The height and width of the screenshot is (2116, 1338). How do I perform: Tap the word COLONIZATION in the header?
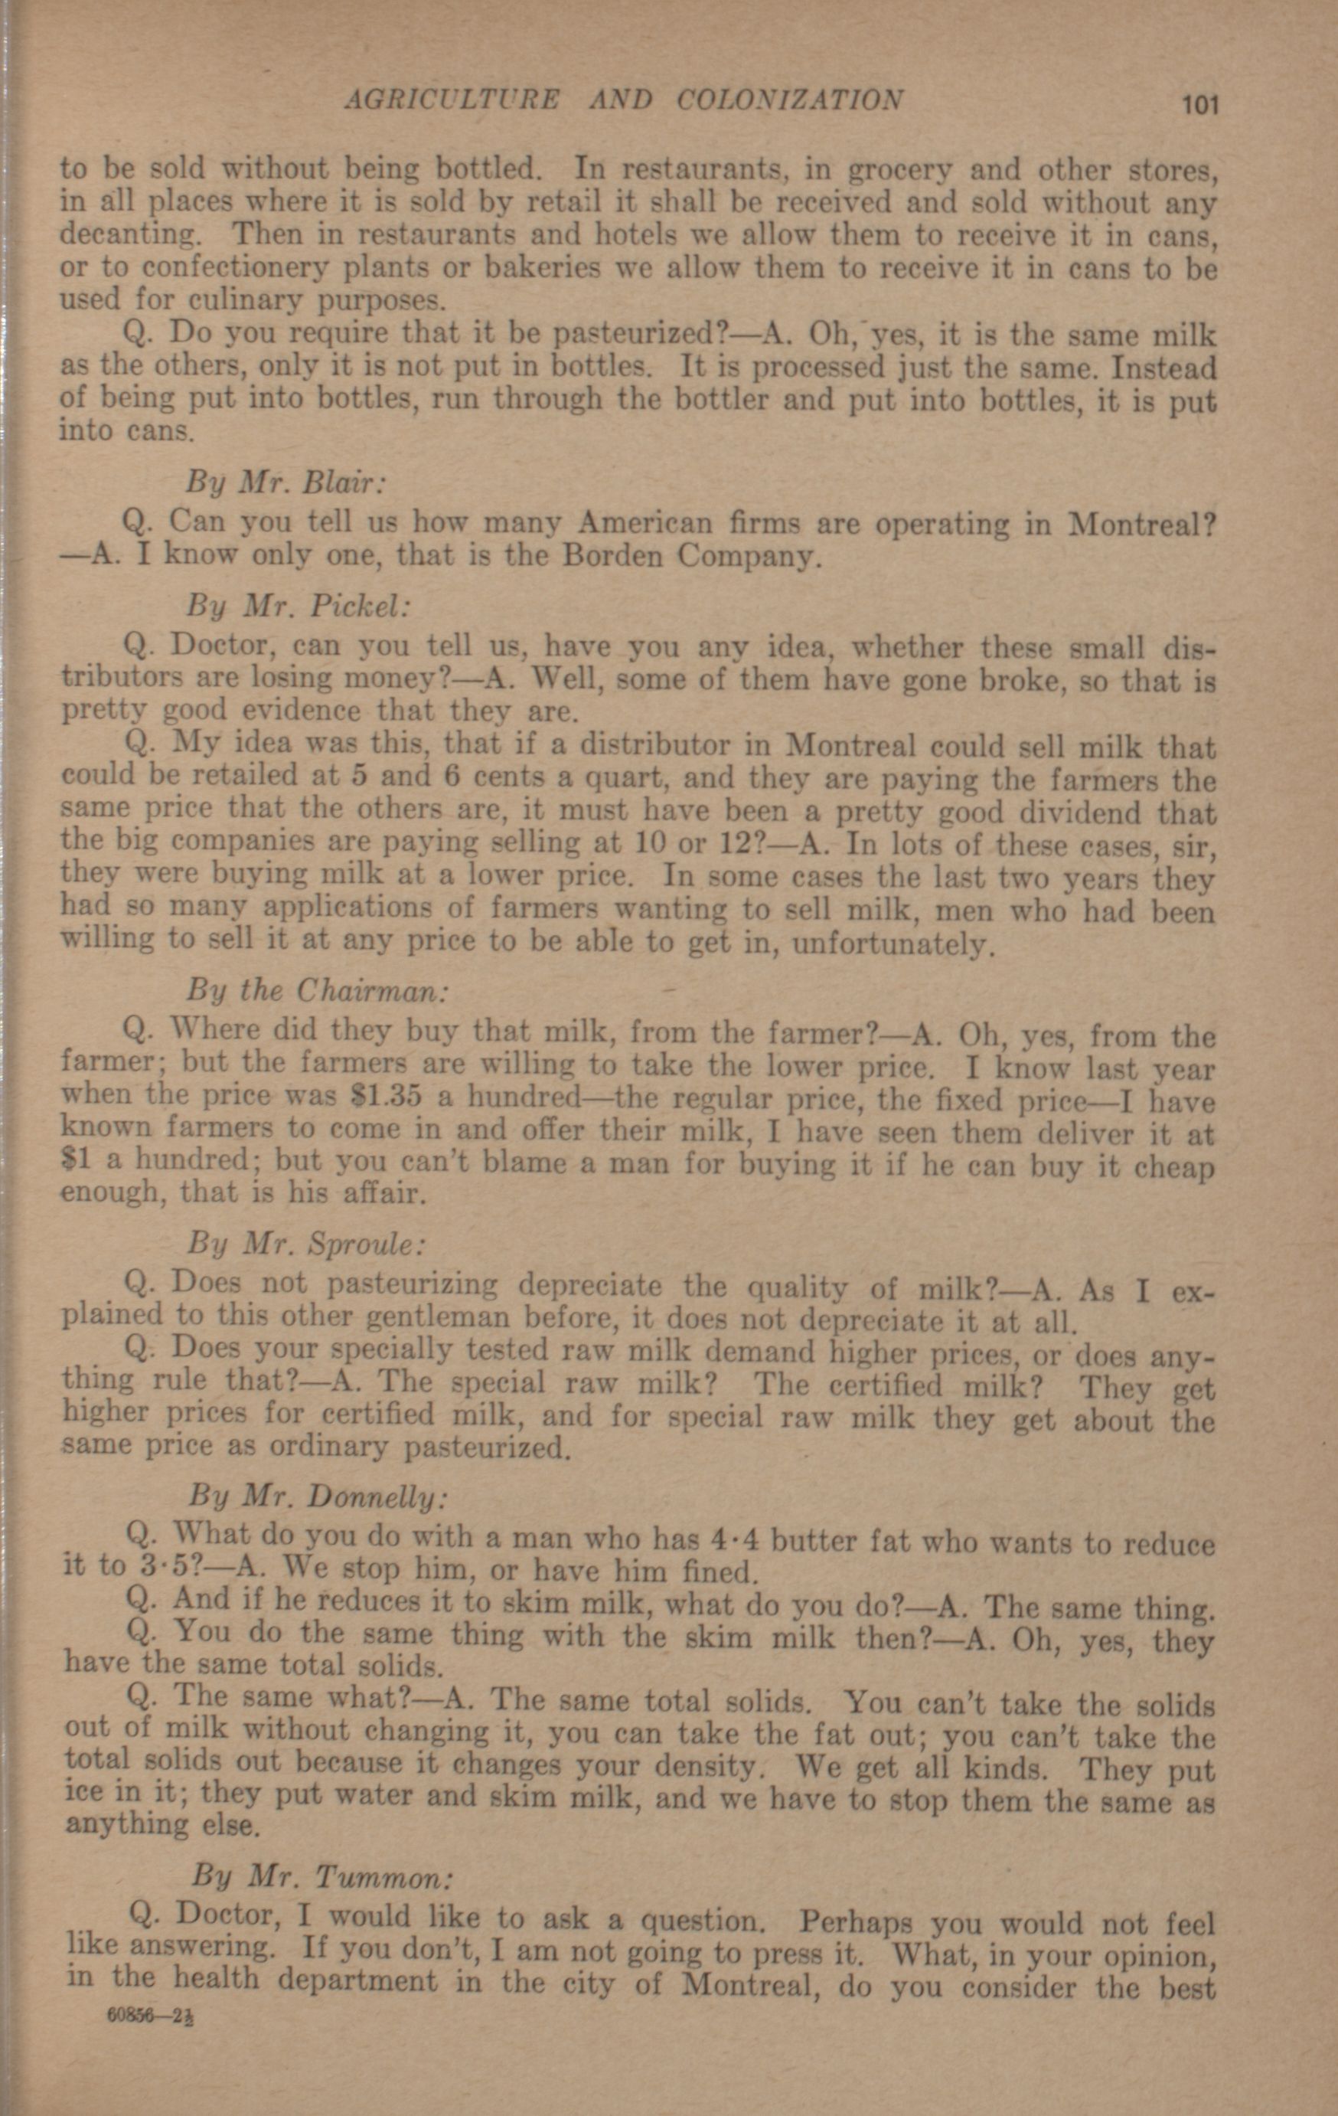789,100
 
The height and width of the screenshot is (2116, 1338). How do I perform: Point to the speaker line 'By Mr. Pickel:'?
297,607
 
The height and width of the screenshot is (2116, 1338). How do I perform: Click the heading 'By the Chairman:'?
318,991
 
